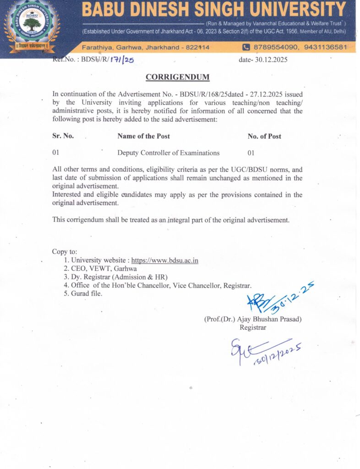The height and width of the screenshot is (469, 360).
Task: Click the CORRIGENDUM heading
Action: (177, 77)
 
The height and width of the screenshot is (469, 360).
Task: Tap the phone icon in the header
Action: (246, 47)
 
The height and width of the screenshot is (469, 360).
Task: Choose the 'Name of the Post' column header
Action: (143, 136)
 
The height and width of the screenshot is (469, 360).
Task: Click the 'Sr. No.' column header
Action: (63, 136)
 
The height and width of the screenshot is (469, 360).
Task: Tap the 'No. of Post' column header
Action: (264, 136)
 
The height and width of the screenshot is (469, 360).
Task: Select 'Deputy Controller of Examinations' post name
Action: (168, 153)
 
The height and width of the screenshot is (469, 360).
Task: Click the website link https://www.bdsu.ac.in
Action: (165, 261)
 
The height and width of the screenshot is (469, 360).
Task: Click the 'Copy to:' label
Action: (65, 252)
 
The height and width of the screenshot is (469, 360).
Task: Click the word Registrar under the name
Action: (252, 327)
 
